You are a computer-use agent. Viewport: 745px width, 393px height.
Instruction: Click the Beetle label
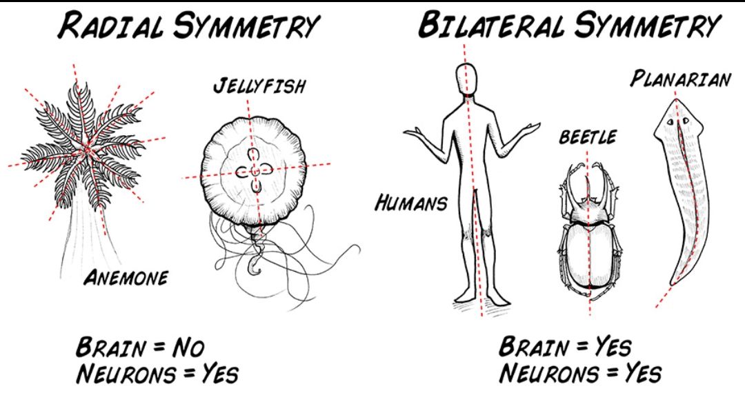587,137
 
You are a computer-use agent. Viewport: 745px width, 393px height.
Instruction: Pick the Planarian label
679,80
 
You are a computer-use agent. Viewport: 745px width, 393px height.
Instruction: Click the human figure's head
466,77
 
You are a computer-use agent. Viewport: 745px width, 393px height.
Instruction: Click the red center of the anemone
86,150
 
